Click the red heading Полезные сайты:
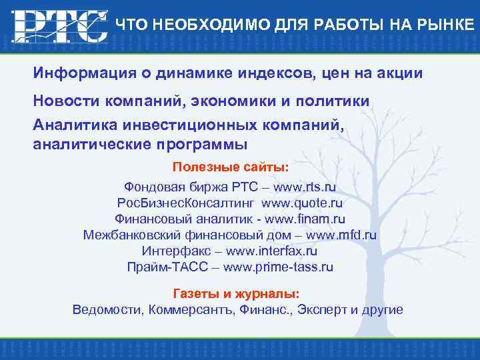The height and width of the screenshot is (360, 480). tap(231, 166)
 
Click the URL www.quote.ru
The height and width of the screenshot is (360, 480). tap(302, 203)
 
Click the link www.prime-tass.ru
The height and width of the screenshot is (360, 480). tap(278, 267)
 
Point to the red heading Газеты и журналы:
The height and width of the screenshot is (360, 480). tap(236, 293)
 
